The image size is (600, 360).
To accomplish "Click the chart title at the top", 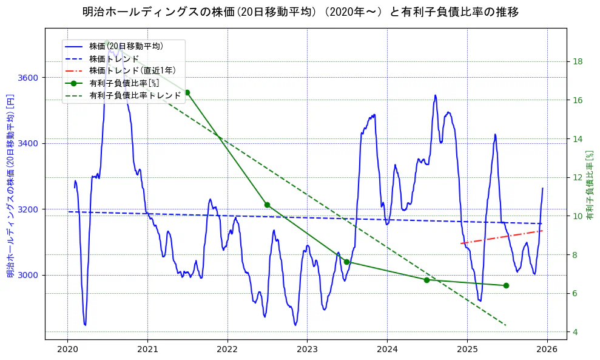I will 300,12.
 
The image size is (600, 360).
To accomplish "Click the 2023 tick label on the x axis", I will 307,349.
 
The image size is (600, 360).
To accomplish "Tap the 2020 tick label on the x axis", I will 67,349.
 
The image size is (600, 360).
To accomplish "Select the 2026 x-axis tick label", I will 547,349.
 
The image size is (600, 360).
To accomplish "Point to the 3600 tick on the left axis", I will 29,78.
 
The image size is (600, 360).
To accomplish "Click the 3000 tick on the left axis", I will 29,275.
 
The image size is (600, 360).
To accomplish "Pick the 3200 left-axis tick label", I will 29,209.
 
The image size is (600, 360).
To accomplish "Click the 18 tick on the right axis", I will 578,61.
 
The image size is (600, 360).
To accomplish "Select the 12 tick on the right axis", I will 578,177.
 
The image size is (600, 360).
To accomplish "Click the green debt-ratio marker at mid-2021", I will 187,92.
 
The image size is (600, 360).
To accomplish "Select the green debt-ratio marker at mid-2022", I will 267,205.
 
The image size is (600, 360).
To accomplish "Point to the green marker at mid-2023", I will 346,262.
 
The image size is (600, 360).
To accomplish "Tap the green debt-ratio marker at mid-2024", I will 426,280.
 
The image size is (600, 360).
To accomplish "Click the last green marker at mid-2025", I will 506,285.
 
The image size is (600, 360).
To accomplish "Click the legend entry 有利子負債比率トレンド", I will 135,95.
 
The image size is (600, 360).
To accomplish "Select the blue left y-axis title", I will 10,186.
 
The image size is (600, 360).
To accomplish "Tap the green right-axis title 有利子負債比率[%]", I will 589,185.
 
